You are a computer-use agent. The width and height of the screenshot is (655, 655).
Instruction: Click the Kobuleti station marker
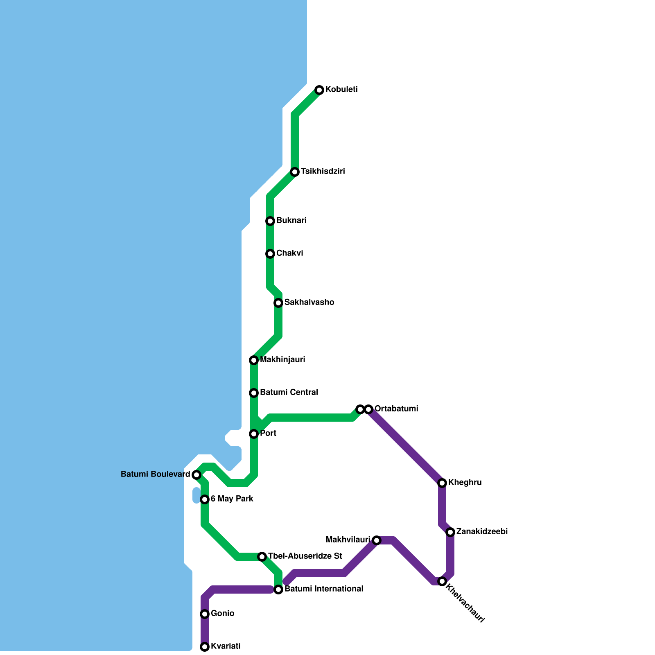point(319,90)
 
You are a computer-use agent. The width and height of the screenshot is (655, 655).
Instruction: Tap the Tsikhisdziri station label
point(323,172)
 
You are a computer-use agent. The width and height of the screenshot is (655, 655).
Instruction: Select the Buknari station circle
point(270,221)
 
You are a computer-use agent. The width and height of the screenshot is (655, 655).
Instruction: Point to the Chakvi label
point(289,253)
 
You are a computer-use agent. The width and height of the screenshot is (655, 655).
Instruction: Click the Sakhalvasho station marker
point(278,303)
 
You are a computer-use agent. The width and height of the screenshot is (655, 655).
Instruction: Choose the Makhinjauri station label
point(282,360)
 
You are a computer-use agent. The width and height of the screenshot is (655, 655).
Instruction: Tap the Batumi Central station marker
point(254,393)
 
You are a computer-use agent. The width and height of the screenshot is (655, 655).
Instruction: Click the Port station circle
point(254,434)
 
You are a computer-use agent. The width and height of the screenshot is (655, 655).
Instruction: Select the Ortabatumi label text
point(396,409)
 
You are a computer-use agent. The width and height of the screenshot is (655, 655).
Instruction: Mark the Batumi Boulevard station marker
point(196,475)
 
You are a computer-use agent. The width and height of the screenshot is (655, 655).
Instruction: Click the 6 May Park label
point(232,499)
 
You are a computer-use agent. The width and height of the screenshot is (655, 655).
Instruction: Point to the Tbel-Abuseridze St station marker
point(262,557)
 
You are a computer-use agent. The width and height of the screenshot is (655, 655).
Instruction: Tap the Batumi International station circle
point(278,589)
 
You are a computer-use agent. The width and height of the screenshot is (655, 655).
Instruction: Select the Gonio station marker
point(205,614)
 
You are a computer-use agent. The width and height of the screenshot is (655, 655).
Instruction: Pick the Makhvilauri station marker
point(377,540)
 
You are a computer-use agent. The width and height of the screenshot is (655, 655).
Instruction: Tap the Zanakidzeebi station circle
point(450,532)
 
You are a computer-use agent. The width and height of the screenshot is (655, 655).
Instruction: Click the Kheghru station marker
point(442,483)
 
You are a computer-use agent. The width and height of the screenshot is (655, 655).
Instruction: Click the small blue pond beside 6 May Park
point(196,495)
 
